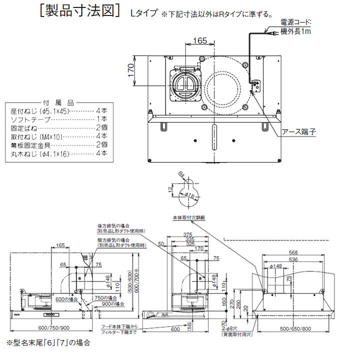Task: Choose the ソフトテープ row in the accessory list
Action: tap(31, 119)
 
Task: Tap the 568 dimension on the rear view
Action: tap(293, 252)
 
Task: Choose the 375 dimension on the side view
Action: tap(188, 235)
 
